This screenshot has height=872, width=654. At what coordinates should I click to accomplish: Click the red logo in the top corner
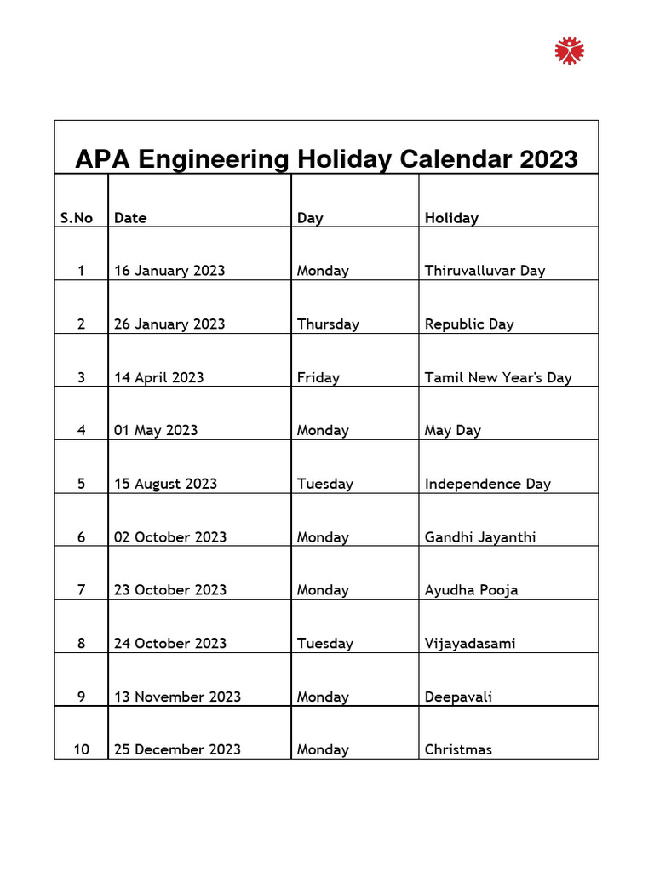[570, 50]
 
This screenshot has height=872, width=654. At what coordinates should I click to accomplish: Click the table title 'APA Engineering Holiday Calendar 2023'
[326, 158]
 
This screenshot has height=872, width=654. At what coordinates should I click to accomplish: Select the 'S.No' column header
[77, 218]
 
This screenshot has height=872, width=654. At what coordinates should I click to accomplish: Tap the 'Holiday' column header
[451, 218]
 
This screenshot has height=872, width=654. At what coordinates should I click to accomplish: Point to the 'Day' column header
[310, 218]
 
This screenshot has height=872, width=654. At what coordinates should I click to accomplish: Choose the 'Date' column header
[130, 218]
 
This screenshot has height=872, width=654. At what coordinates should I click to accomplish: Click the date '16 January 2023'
[169, 271]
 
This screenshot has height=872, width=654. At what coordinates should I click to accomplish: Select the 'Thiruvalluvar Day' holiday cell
[485, 271]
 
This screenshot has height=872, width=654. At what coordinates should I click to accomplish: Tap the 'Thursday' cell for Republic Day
[328, 324]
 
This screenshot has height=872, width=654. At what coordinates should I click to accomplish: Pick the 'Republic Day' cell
[469, 324]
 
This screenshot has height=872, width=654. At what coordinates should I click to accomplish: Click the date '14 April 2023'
[159, 377]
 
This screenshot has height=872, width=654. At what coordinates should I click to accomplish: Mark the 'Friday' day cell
[318, 377]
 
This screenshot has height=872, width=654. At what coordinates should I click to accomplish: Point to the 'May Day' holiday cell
[453, 431]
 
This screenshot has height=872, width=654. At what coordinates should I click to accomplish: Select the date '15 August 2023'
[165, 484]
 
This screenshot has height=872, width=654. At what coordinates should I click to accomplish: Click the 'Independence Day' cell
[488, 484]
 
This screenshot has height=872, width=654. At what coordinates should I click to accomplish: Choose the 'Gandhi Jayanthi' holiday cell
[480, 537]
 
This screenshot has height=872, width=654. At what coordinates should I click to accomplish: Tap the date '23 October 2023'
[170, 590]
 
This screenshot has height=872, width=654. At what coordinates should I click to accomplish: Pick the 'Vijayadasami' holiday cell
[470, 644]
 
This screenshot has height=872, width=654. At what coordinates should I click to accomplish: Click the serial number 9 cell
[81, 697]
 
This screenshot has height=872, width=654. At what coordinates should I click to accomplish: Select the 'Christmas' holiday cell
[458, 750]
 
